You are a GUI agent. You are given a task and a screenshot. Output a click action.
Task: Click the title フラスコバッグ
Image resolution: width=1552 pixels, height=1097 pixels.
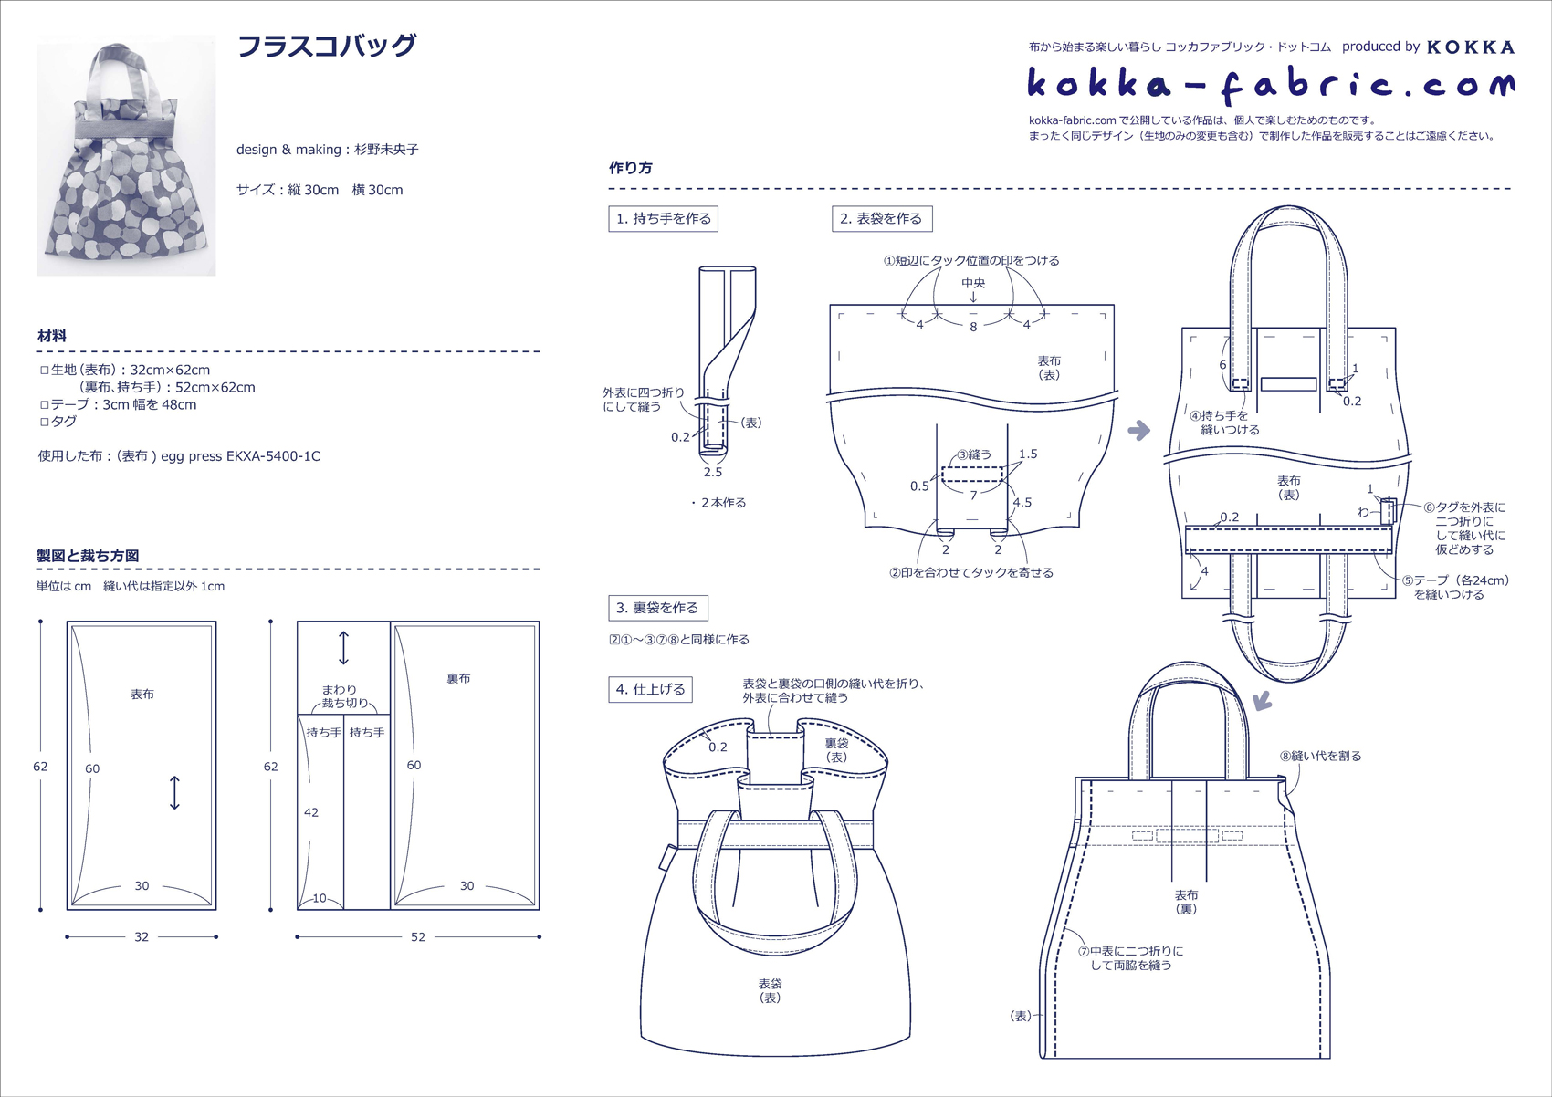point(326,47)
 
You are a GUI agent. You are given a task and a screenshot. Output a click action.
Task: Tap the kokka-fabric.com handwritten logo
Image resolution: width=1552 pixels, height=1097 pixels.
point(1271,85)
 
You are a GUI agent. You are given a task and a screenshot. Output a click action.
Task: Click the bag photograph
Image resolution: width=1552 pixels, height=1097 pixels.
point(126,156)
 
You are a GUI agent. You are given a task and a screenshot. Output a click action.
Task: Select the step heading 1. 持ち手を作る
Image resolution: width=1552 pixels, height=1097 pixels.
point(663,219)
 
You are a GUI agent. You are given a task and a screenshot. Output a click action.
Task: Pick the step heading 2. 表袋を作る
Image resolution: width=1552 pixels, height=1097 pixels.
point(881,219)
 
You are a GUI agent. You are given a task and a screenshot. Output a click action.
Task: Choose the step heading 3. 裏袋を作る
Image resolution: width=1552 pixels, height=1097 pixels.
point(657,608)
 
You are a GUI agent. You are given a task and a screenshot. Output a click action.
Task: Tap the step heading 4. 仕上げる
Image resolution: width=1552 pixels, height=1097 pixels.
point(650,689)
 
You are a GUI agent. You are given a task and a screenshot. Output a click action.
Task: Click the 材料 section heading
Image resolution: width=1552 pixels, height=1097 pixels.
point(52,337)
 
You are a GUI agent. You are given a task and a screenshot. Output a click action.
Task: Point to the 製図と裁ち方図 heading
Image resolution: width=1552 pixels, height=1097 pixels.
point(88,556)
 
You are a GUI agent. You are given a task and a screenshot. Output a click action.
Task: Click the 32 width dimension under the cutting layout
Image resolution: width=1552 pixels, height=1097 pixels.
point(142,937)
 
